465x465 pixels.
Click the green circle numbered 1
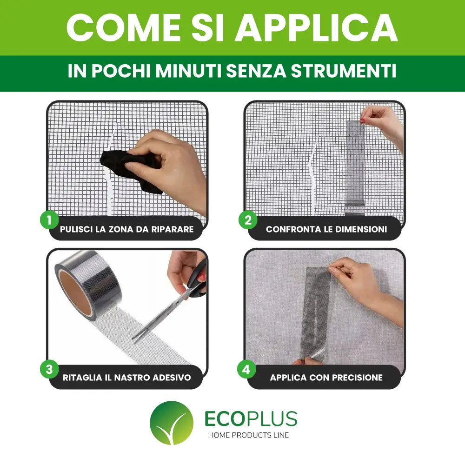click(x=49, y=220)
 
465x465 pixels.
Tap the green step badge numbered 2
click(x=248, y=220)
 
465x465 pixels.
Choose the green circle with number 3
click(x=49, y=370)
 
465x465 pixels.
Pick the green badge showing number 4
click(x=246, y=370)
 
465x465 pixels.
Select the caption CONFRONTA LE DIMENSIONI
click(x=326, y=229)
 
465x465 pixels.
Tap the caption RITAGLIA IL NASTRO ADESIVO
click(x=126, y=378)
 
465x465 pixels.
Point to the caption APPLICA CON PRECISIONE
click(x=326, y=378)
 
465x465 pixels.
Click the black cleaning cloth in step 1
click(x=133, y=167)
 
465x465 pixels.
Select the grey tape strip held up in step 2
click(x=356, y=163)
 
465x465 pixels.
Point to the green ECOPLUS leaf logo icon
click(x=171, y=423)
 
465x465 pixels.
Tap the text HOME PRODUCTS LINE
click(x=248, y=435)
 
